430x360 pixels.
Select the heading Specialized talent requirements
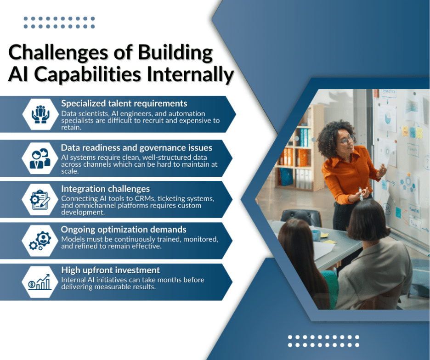click(124, 103)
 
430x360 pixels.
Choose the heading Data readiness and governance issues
click(136, 147)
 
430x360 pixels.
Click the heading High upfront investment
click(111, 270)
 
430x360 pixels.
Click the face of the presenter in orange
click(345, 139)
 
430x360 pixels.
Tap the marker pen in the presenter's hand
click(361, 192)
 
